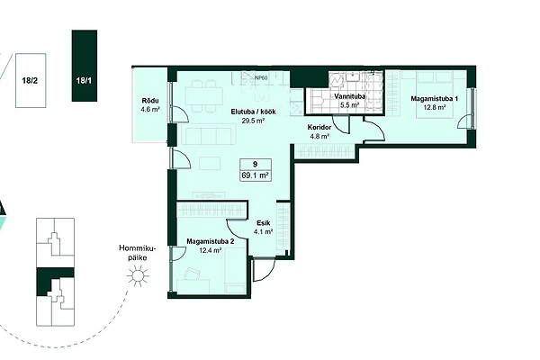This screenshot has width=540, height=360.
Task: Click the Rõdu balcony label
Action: (150, 101)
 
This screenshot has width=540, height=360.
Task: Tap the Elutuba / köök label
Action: (253, 112)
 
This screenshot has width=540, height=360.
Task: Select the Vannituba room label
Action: (349, 97)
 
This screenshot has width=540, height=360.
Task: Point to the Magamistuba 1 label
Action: (435, 99)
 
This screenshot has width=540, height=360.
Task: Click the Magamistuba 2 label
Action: (210, 241)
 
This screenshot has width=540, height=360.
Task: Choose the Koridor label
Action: (319, 128)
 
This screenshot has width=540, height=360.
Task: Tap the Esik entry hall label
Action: (263, 223)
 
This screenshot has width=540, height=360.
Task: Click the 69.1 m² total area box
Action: (256, 170)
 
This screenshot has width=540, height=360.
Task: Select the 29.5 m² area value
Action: (253, 121)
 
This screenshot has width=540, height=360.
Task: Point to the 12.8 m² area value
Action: (435, 107)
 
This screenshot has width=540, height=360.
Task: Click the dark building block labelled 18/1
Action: (85, 66)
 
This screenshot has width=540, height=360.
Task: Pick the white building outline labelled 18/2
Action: (31, 80)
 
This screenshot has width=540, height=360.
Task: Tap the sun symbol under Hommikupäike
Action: (138, 275)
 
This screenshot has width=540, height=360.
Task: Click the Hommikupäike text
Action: (138, 253)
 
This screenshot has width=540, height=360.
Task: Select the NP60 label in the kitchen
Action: (261, 78)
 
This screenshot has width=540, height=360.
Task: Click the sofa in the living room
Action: (209, 134)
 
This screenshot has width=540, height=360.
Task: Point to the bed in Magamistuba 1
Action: (435, 94)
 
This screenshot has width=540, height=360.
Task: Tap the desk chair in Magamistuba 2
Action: (192, 274)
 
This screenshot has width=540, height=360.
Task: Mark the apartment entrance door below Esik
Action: (264, 269)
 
